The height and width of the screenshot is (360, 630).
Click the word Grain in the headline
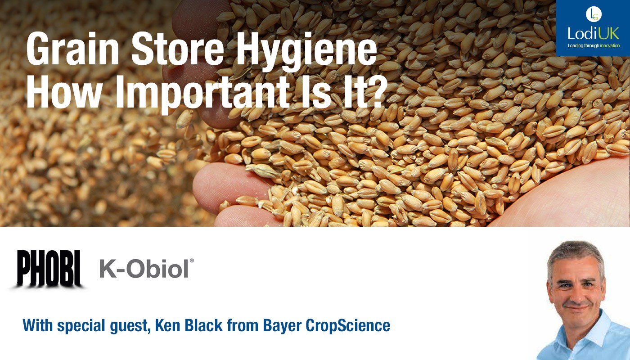coord(72,49)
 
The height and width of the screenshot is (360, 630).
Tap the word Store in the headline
coord(178,49)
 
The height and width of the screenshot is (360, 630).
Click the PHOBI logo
coord(49,268)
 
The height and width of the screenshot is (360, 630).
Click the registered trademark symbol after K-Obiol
coord(192,261)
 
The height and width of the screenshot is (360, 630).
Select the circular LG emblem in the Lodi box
coord(594,14)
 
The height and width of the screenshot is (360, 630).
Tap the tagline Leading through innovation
coord(594,45)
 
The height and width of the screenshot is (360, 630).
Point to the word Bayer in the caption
coord(282,326)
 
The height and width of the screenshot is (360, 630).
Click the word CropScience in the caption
coord(348,326)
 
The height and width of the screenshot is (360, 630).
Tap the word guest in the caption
coord(129,327)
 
